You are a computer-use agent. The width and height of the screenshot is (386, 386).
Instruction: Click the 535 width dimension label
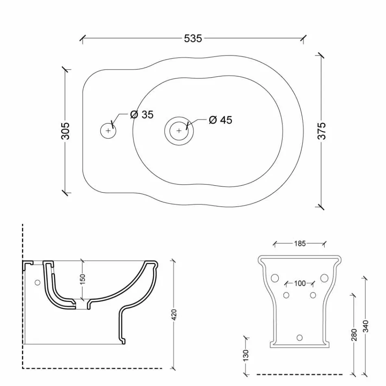pyautogui.click(x=193, y=38)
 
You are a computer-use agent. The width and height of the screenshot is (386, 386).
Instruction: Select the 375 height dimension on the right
pyautogui.click(x=321, y=131)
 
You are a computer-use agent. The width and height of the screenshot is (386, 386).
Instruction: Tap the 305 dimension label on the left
pyautogui.click(x=65, y=131)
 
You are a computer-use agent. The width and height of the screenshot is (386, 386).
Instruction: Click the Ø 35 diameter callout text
pyautogui.click(x=142, y=115)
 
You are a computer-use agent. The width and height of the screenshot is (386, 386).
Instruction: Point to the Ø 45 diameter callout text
pyautogui.click(x=220, y=120)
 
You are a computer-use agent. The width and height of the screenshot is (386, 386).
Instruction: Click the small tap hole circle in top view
pyautogui.click(x=108, y=130)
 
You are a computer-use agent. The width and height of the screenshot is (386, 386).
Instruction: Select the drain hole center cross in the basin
pyautogui.click(x=179, y=130)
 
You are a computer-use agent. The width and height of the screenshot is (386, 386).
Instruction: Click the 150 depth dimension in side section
pyautogui.click(x=82, y=280)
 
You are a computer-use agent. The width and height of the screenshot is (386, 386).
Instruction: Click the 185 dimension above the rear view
pyautogui.click(x=300, y=244)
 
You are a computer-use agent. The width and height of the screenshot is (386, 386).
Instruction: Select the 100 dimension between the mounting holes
pyautogui.click(x=300, y=283)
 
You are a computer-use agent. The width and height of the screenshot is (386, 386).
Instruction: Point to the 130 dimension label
pyautogui.click(x=246, y=355)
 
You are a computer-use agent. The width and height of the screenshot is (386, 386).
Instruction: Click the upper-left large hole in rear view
pyautogui.click(x=275, y=278)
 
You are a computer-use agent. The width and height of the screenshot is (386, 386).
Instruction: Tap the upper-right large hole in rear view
pyautogui.click(x=324, y=278)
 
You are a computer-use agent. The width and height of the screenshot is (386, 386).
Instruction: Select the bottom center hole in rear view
pyautogui.click(x=300, y=337)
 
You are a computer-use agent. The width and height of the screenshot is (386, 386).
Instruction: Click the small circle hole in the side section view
pyautogui.click(x=37, y=282)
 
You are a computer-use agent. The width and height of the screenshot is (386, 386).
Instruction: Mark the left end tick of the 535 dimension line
pyautogui.click(x=83, y=39)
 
